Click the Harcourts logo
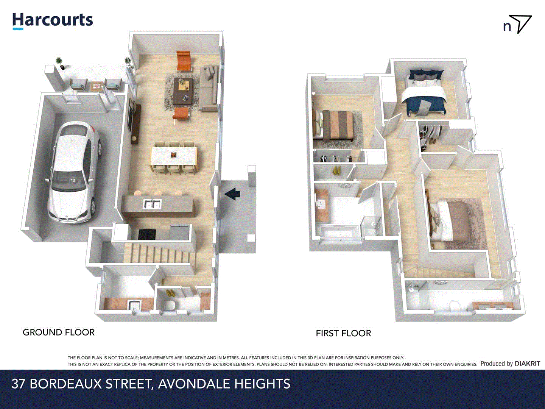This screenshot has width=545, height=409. coord(53,21)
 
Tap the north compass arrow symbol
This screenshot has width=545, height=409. coord(521,24)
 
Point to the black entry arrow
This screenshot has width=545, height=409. coord(232,194)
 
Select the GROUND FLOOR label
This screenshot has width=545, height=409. coord(59,333)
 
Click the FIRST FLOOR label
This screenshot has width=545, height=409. coord(343,333)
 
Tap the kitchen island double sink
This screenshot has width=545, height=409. coord(152,204)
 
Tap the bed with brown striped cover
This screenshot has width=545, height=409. coord(335,125)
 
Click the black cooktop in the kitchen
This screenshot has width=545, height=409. coord(147,234)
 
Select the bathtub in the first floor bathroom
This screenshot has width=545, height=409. coord(339,231)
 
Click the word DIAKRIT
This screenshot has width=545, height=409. coord(527,364)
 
